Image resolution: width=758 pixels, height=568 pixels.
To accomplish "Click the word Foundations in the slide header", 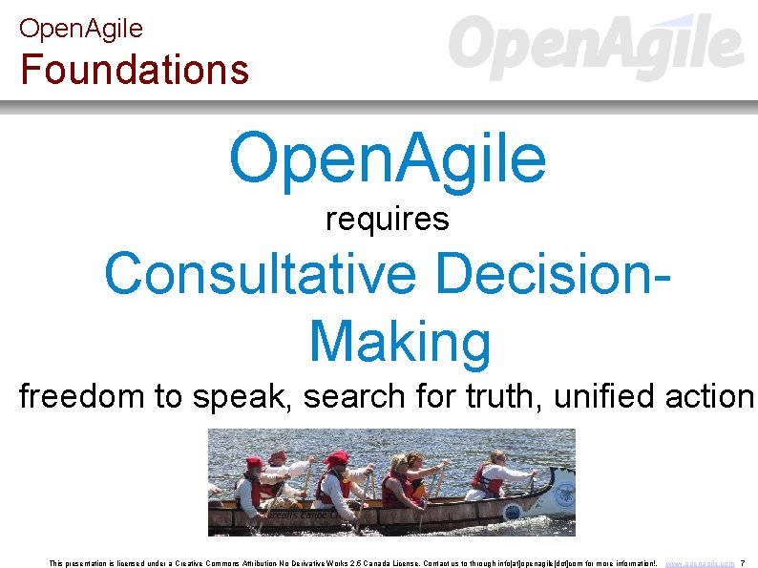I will tap(135, 70).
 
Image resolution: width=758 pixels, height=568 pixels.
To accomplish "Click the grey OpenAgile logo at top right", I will tap(595, 47).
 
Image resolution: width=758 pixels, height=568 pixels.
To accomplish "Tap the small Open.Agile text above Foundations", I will tap(80, 28).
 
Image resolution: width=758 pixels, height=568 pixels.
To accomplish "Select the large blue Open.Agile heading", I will tap(387, 158).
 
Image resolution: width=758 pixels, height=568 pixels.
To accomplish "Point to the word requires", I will tap(387, 220).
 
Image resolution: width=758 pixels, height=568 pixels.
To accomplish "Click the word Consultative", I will tap(260, 274).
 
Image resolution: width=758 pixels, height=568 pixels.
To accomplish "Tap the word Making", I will tap(400, 341).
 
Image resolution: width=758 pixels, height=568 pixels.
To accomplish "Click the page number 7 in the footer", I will tap(743, 564).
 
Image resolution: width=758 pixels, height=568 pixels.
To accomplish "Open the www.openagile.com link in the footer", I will tap(700, 564).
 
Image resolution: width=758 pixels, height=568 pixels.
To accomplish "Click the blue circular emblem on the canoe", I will tap(563, 496).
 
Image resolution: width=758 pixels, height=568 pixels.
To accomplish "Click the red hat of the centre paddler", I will tap(337, 459).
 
